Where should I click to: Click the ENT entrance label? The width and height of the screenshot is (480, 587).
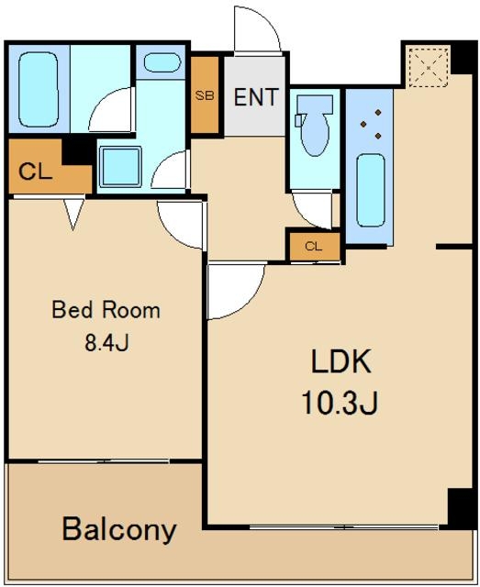click(256, 97)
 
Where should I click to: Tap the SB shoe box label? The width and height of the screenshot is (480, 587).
click(205, 95)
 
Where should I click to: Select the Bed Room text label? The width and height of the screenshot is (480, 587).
click(106, 310)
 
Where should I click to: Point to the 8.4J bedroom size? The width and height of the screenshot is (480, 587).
click(107, 342)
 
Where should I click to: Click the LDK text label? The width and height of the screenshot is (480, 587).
click(341, 360)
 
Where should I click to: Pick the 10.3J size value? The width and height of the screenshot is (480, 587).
click(340, 403)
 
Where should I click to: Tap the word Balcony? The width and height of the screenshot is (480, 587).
click(119, 529)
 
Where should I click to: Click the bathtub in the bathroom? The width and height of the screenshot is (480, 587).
click(39, 89)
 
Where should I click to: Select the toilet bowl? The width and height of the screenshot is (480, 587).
click(315, 125)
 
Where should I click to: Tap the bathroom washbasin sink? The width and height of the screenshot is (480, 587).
click(162, 62)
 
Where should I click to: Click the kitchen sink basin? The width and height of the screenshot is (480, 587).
click(371, 191)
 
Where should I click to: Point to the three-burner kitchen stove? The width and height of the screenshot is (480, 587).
click(371, 124)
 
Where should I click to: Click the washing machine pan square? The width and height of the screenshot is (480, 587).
click(120, 166)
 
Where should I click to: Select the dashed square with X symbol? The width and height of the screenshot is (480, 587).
click(429, 67)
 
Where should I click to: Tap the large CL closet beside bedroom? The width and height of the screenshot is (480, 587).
click(50, 166)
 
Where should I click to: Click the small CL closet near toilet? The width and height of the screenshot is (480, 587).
click(315, 247)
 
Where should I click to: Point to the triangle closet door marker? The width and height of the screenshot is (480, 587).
click(73, 214)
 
